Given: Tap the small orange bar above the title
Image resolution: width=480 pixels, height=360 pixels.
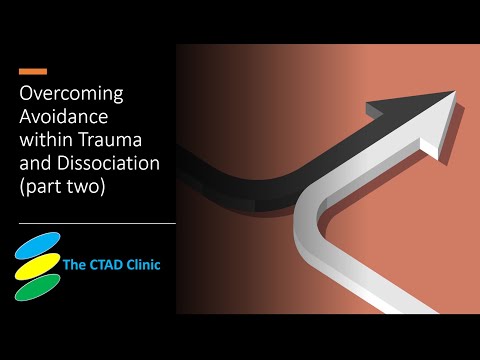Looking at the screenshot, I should pos(33,72).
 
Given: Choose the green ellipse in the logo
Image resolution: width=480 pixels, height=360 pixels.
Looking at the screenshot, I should pos(38,287).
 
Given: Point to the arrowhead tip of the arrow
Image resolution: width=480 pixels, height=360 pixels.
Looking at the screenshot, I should pos(455,94).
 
